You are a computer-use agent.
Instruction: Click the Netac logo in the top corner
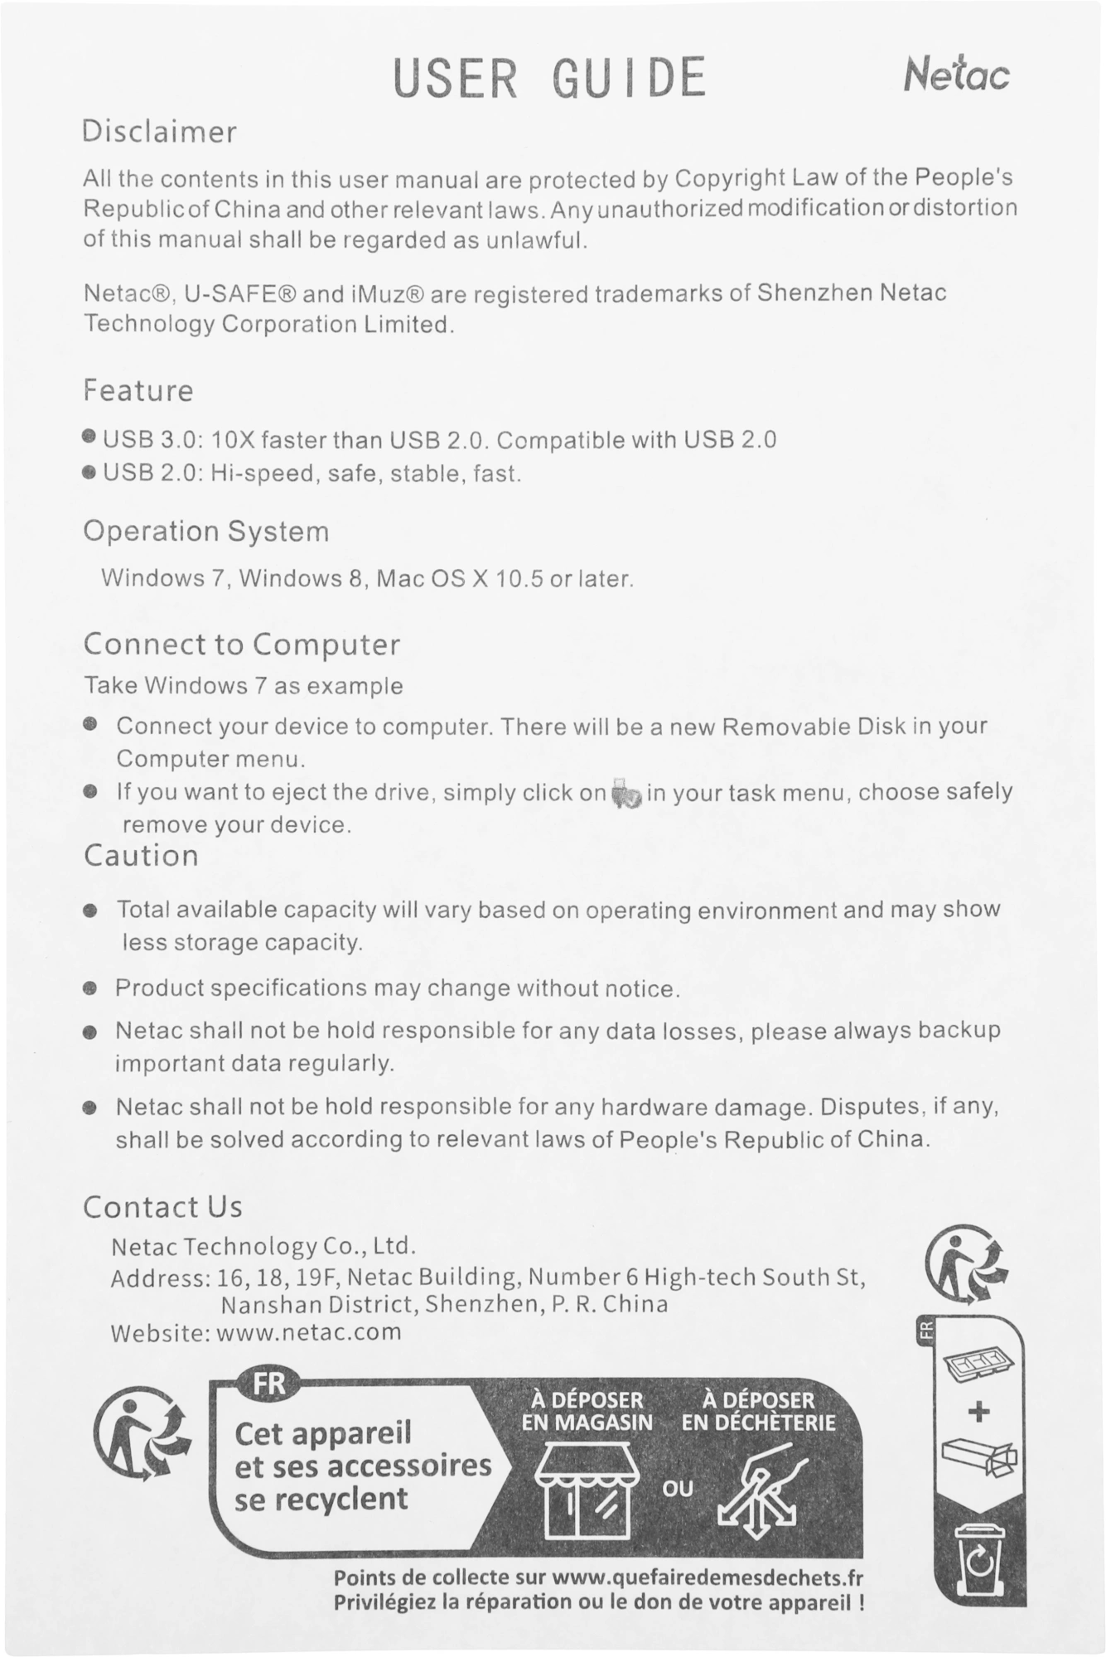(956, 74)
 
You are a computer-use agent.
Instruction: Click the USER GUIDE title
(550, 78)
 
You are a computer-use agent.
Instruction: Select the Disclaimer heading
(159, 132)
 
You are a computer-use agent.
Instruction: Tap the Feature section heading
(138, 390)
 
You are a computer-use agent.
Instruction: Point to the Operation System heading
(206, 531)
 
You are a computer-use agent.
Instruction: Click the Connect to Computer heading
(242, 644)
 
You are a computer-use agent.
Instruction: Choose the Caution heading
(141, 855)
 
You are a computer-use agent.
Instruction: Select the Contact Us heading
(162, 1207)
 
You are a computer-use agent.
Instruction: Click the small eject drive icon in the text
(626, 794)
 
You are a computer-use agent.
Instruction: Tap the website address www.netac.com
(309, 1331)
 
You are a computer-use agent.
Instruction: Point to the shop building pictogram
(588, 1488)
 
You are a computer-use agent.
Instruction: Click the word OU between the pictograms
(677, 1489)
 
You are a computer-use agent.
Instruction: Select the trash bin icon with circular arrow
(980, 1558)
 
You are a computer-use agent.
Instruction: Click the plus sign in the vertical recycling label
(979, 1411)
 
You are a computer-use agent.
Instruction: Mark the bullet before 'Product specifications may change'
(90, 988)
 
